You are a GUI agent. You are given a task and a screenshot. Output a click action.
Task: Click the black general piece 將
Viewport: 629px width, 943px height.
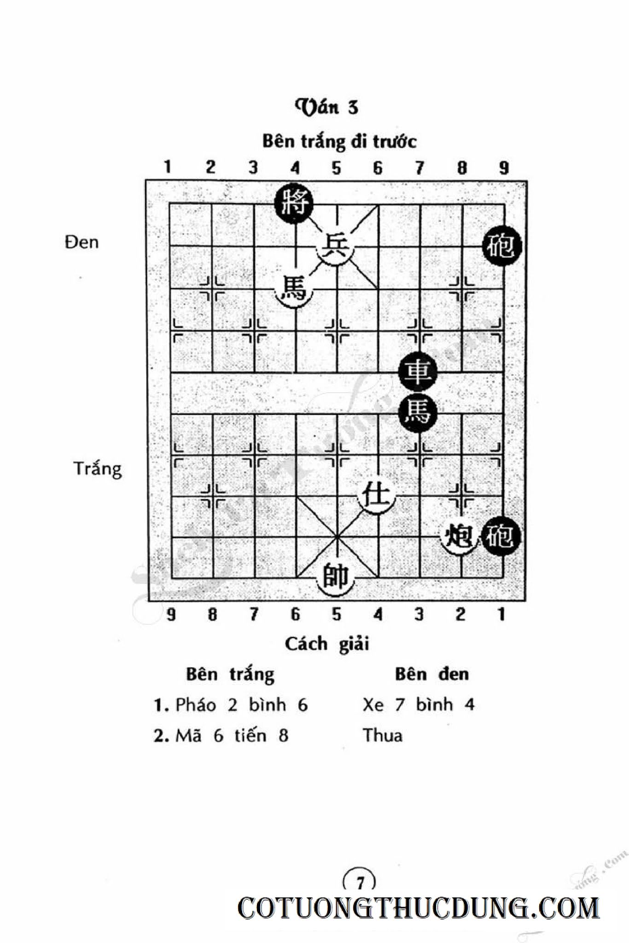click(294, 204)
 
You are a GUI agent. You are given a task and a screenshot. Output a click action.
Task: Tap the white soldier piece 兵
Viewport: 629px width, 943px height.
click(336, 247)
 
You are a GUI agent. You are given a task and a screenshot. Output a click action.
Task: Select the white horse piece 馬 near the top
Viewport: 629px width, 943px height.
click(294, 289)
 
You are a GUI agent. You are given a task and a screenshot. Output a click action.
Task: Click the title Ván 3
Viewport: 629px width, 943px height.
click(326, 107)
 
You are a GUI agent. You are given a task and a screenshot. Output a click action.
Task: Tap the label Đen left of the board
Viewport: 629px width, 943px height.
click(82, 242)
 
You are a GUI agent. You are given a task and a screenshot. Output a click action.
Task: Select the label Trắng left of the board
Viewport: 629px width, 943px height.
click(97, 469)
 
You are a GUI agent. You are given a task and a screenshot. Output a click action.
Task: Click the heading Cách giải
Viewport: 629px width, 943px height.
click(326, 644)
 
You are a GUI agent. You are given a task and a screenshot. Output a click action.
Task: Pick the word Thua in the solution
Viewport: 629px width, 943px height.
click(382, 735)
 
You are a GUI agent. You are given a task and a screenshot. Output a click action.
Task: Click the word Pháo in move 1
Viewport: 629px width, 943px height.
click(196, 705)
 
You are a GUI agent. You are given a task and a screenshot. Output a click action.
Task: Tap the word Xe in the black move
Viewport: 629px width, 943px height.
click(373, 705)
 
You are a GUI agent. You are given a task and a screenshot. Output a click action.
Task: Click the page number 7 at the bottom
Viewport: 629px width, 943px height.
click(360, 882)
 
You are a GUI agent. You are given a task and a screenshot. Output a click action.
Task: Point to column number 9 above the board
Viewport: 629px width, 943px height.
click(504, 168)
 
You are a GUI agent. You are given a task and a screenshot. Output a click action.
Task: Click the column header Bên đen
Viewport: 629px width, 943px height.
click(431, 674)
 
